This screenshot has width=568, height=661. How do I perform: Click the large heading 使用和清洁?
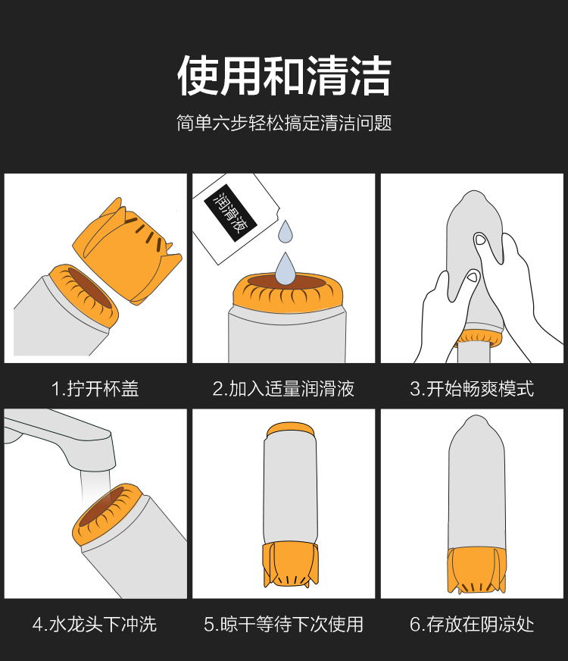[284, 76]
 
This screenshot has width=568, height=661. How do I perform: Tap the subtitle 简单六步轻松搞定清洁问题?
[284, 123]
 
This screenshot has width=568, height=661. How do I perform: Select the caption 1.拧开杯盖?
[95, 389]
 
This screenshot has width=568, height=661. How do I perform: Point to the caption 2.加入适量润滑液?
[283, 389]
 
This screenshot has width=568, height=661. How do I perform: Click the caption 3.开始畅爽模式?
[472, 389]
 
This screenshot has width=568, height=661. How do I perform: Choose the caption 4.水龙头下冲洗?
[95, 625]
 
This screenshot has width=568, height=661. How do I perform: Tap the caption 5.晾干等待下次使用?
[283, 625]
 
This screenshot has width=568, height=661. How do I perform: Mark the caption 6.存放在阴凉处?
[472, 625]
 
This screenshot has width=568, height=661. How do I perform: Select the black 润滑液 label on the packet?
[231, 213]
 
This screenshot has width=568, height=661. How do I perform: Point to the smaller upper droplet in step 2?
[286, 232]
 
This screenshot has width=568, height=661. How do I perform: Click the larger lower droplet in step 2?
[286, 269]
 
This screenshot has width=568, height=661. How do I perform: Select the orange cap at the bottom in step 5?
[290, 565]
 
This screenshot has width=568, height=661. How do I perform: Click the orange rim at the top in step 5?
[290, 430]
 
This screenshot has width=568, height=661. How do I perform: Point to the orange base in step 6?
[476, 570]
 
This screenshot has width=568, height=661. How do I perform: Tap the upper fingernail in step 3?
[480, 240]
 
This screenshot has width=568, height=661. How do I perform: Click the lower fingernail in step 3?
[473, 277]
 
